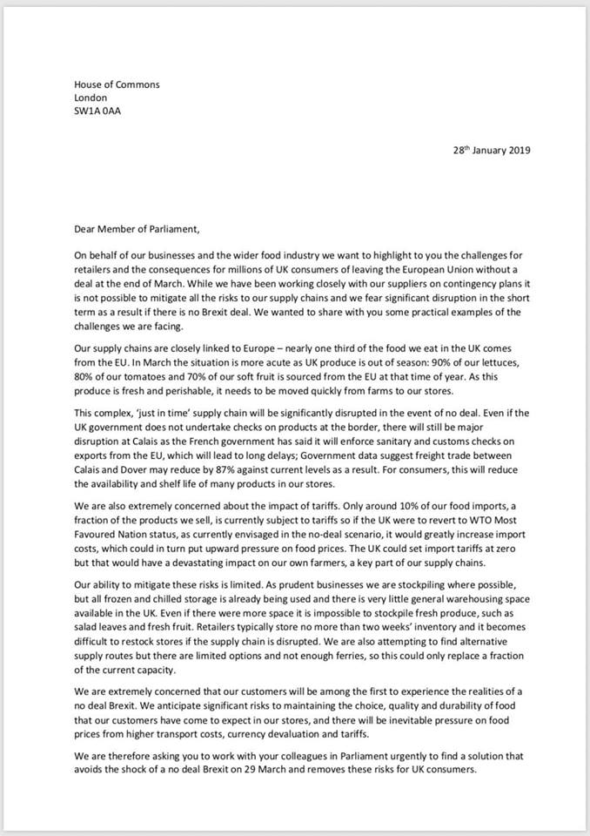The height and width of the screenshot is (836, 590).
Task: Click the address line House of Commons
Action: click(x=117, y=84)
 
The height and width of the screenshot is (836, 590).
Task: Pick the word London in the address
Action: click(x=91, y=98)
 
